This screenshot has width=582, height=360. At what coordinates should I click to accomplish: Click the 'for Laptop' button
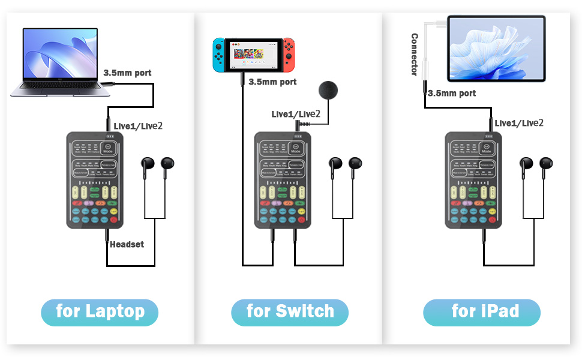tap(100, 312)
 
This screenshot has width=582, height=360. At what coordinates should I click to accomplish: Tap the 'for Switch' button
tap(290, 312)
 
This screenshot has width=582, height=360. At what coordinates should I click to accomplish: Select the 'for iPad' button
tap(481, 312)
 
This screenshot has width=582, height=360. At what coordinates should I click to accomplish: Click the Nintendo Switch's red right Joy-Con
tap(289, 53)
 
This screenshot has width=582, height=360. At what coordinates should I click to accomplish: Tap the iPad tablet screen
tap(496, 49)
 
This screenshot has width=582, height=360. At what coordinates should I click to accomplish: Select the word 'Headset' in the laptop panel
tap(127, 244)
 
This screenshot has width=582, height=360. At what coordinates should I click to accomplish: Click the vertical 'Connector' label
tap(414, 55)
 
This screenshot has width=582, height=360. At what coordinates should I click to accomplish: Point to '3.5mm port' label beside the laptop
tap(127, 73)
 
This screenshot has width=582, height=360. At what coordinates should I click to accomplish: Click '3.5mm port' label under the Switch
tap(272, 82)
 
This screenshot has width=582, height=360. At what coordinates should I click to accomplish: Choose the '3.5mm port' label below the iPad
tap(452, 93)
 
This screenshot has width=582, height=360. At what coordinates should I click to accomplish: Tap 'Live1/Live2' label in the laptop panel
tap(138, 125)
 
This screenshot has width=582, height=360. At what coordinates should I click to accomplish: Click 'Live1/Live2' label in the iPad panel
tap(519, 122)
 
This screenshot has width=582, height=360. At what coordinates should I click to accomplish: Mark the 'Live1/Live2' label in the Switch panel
tap(295, 114)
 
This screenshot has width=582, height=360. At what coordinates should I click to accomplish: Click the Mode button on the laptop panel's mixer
tap(109, 149)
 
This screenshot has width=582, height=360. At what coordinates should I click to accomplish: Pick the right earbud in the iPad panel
tap(546, 166)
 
